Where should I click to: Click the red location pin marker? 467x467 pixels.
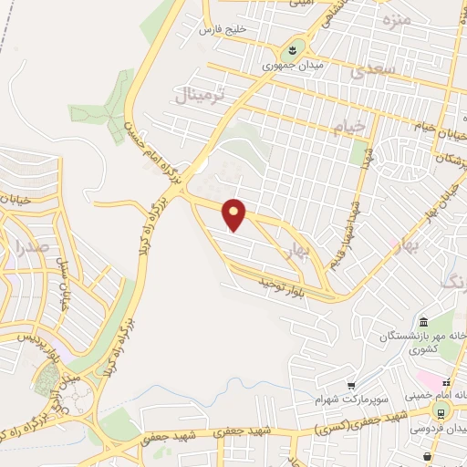[x=235, y=214]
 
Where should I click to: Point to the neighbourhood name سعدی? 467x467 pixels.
[x=378, y=68]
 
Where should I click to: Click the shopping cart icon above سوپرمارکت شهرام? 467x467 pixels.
[x=351, y=385]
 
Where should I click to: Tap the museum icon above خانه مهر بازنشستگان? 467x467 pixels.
[x=423, y=322]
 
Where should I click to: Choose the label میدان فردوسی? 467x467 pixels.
[x=447, y=426]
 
